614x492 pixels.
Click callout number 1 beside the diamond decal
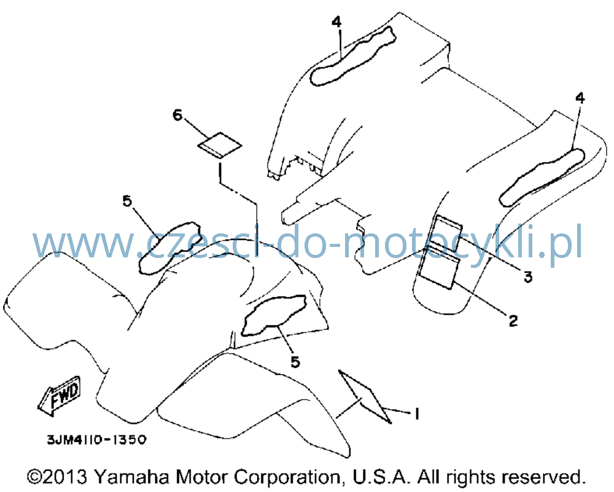click(417, 413)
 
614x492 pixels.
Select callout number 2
click(513, 321)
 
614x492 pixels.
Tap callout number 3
click(528, 277)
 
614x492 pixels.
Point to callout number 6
click(177, 115)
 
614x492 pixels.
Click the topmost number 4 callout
click(336, 22)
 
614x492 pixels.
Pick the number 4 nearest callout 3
click(580, 98)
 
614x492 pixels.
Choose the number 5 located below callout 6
click(127, 201)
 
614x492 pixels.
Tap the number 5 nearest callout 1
click(295, 362)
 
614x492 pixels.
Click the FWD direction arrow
click(60, 396)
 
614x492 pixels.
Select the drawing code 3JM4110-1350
click(97, 440)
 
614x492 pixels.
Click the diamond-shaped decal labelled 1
click(365, 396)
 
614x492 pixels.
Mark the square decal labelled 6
click(219, 146)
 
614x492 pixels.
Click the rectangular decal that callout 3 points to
click(446, 233)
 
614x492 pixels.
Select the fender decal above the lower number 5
click(274, 315)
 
